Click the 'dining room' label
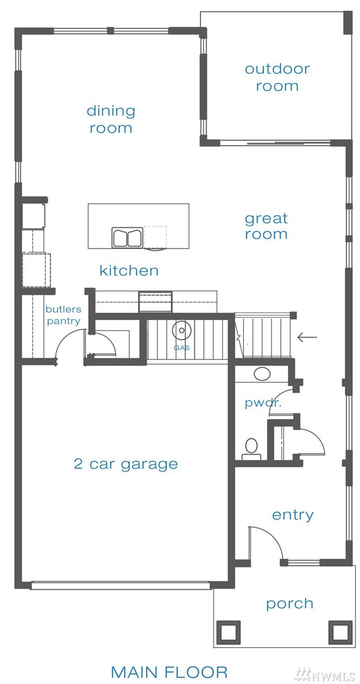click(111, 119)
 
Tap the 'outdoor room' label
click(277, 78)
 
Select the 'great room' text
click(267, 226)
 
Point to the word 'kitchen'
click(129, 270)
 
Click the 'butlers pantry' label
click(63, 315)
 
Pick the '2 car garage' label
click(126, 465)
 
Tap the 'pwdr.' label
click(263, 404)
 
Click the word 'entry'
click(293, 515)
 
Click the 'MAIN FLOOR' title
click(169, 672)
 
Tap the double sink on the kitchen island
click(127, 237)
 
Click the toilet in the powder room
click(251, 449)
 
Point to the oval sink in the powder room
click(262, 374)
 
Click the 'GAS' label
click(181, 348)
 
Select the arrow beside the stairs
click(307, 338)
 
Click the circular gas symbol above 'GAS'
click(181, 330)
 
